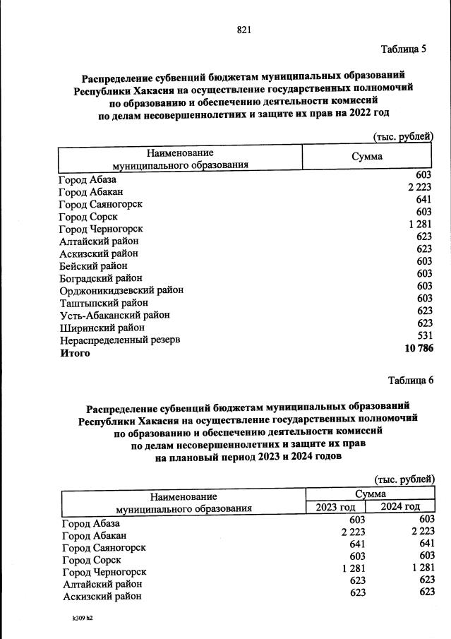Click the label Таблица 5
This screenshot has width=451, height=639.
(404, 49)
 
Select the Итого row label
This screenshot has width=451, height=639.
(74, 353)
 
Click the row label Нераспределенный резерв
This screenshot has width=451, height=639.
(119, 340)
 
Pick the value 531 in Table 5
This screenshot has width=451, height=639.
(423, 335)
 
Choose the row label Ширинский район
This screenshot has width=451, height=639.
(102, 328)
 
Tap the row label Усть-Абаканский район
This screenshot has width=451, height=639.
(114, 315)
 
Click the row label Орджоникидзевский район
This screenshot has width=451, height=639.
(121, 290)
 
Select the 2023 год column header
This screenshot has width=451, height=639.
(335, 506)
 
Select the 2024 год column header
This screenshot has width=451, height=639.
(400, 506)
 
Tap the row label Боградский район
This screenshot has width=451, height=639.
(101, 278)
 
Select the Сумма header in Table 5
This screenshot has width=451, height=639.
(367, 157)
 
